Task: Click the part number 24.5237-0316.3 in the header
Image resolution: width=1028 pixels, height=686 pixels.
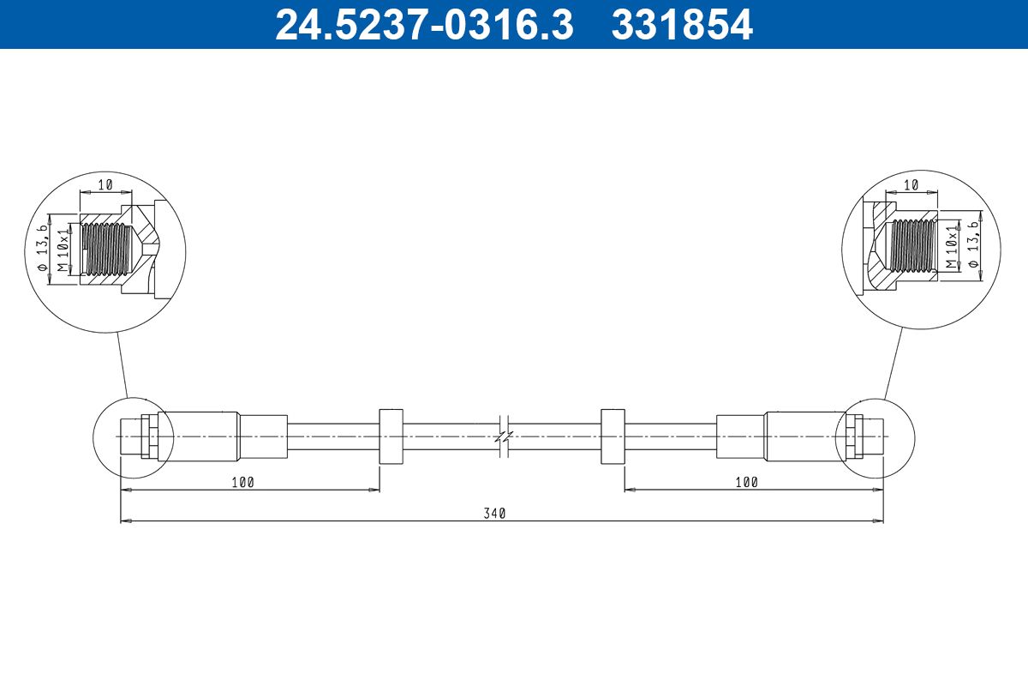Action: tap(423, 24)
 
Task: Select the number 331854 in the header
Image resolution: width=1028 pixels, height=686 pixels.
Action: tap(681, 24)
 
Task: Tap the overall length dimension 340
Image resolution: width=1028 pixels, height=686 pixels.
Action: tap(495, 513)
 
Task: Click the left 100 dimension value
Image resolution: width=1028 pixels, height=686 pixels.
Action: tap(242, 483)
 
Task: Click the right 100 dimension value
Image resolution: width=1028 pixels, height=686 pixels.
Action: tap(746, 483)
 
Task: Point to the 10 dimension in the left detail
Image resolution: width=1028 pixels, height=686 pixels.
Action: tap(105, 184)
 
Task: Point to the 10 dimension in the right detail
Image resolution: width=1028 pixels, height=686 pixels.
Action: tap(911, 184)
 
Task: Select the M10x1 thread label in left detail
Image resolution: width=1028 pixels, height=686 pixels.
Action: tap(63, 250)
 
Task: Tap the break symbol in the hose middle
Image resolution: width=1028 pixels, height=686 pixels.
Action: tap(504, 436)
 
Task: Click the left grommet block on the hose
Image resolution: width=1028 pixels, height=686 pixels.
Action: tap(390, 436)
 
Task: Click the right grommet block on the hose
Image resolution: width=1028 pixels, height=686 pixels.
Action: tap(613, 436)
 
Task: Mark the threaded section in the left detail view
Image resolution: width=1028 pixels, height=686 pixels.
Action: tap(106, 249)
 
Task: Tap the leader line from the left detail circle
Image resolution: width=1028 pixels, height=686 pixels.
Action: tap(122, 364)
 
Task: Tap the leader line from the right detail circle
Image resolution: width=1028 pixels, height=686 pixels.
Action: tap(893, 364)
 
